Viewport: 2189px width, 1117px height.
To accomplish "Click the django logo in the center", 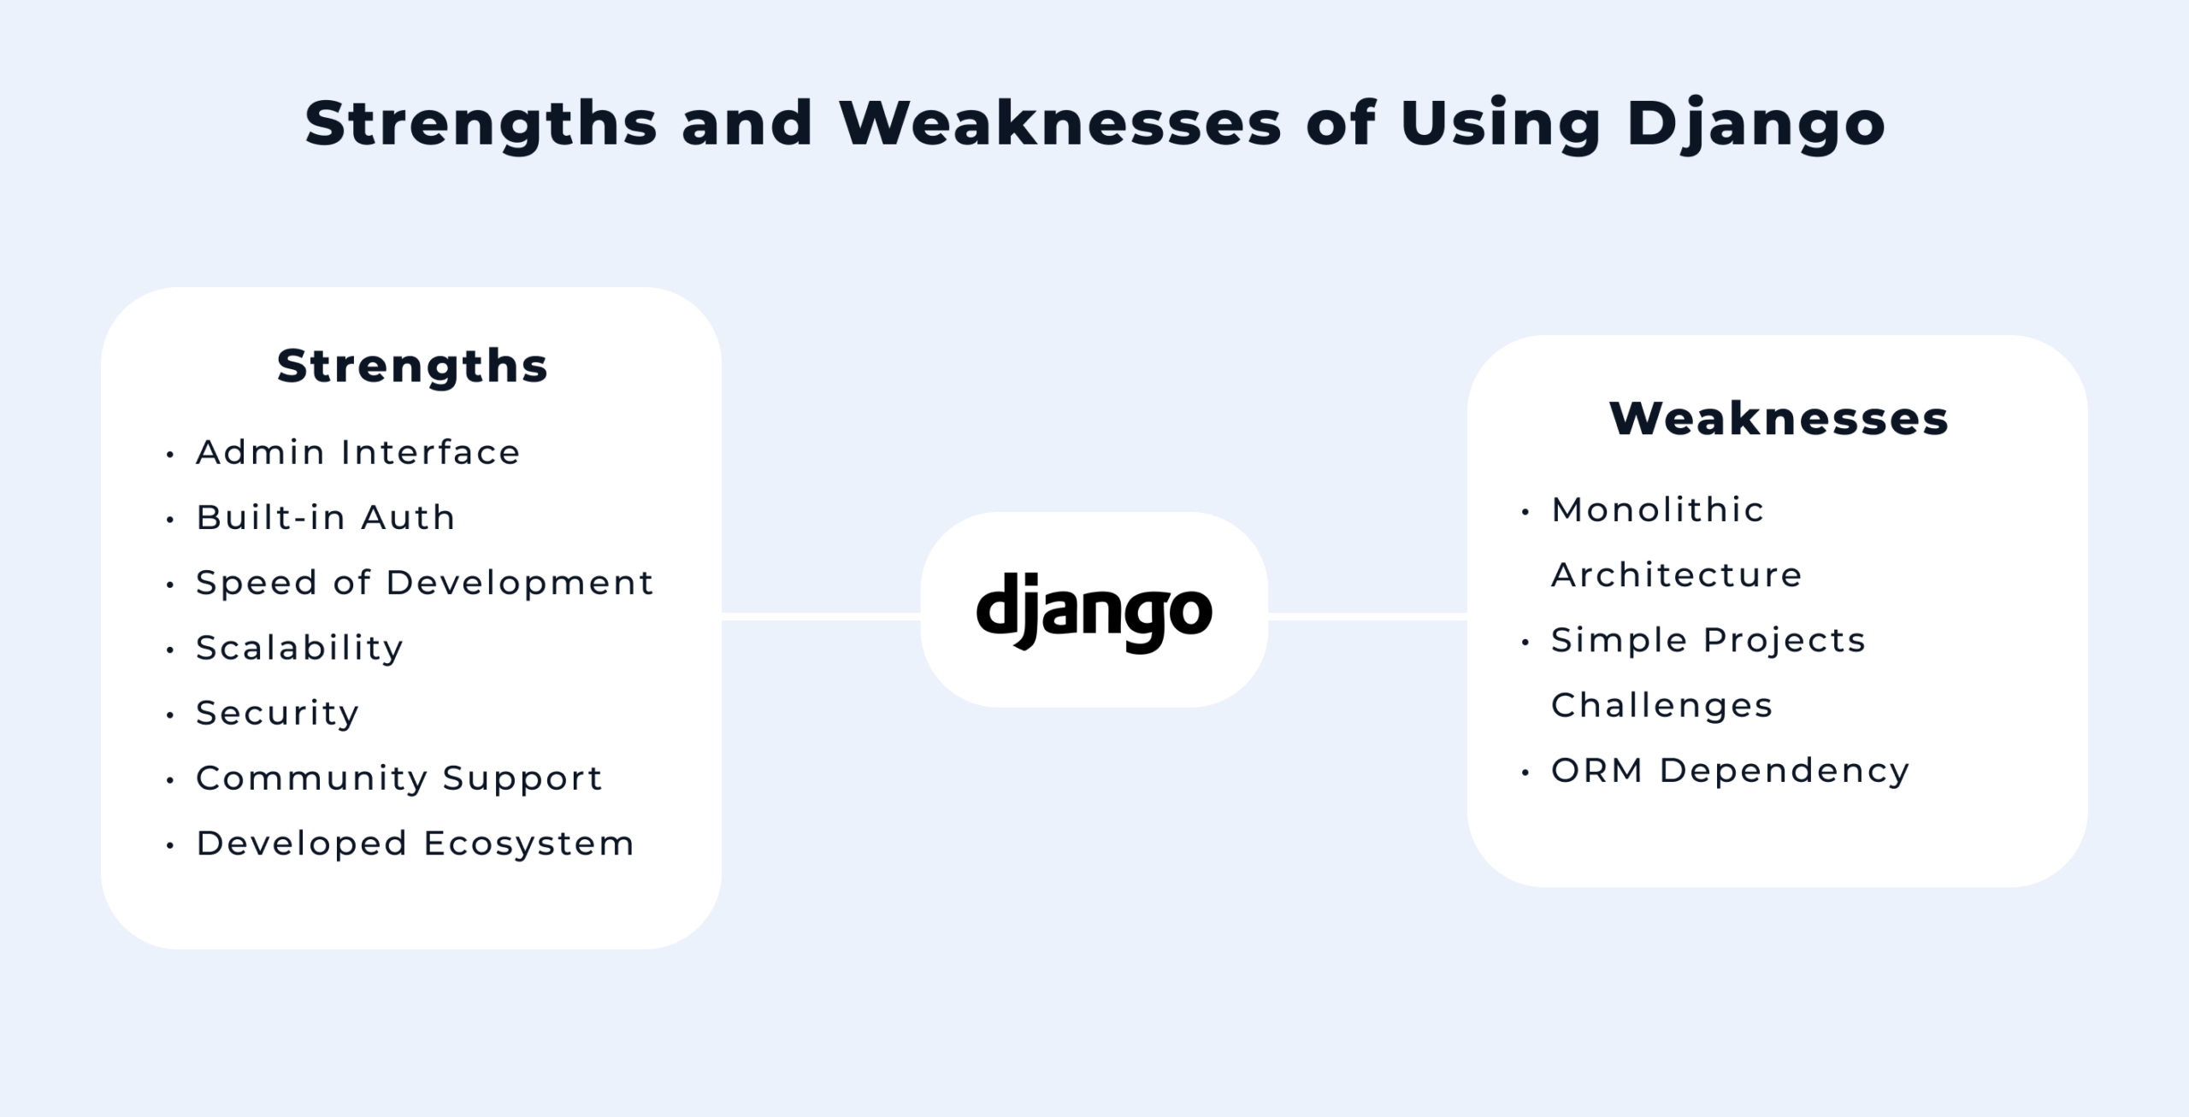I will tap(1094, 611).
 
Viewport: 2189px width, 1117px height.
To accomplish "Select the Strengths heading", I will tap(412, 367).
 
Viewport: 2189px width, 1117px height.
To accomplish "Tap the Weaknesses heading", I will tap(1779, 419).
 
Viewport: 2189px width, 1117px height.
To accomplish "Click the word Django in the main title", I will tap(1755, 125).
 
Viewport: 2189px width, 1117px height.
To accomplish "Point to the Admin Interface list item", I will tap(357, 453).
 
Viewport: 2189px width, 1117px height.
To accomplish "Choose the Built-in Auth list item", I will tap(326, 518).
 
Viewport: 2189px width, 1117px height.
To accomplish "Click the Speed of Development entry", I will tap(425, 583).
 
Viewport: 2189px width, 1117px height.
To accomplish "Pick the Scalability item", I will tap(299, 648).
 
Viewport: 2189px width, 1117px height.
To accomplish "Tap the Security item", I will tap(278, 713).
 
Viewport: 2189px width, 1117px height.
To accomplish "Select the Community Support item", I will tap(399, 779).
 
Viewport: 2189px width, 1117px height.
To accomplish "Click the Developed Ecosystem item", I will tap(416, 844).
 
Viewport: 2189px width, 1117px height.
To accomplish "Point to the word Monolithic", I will tap(1658, 510).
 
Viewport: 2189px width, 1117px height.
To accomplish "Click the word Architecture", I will tap(1677, 575).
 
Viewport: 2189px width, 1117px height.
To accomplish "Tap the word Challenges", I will tap(1662, 706).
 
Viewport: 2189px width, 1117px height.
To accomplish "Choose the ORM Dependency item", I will tap(1731, 771).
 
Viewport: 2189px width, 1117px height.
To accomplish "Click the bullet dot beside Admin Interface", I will tap(170, 455).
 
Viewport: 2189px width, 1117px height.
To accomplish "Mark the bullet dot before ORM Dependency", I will tap(1525, 773).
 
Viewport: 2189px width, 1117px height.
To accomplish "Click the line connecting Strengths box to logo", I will tap(821, 616).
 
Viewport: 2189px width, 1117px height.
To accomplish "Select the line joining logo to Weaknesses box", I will tap(1367, 616).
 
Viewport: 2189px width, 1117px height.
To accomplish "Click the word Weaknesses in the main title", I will tap(1060, 125).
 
